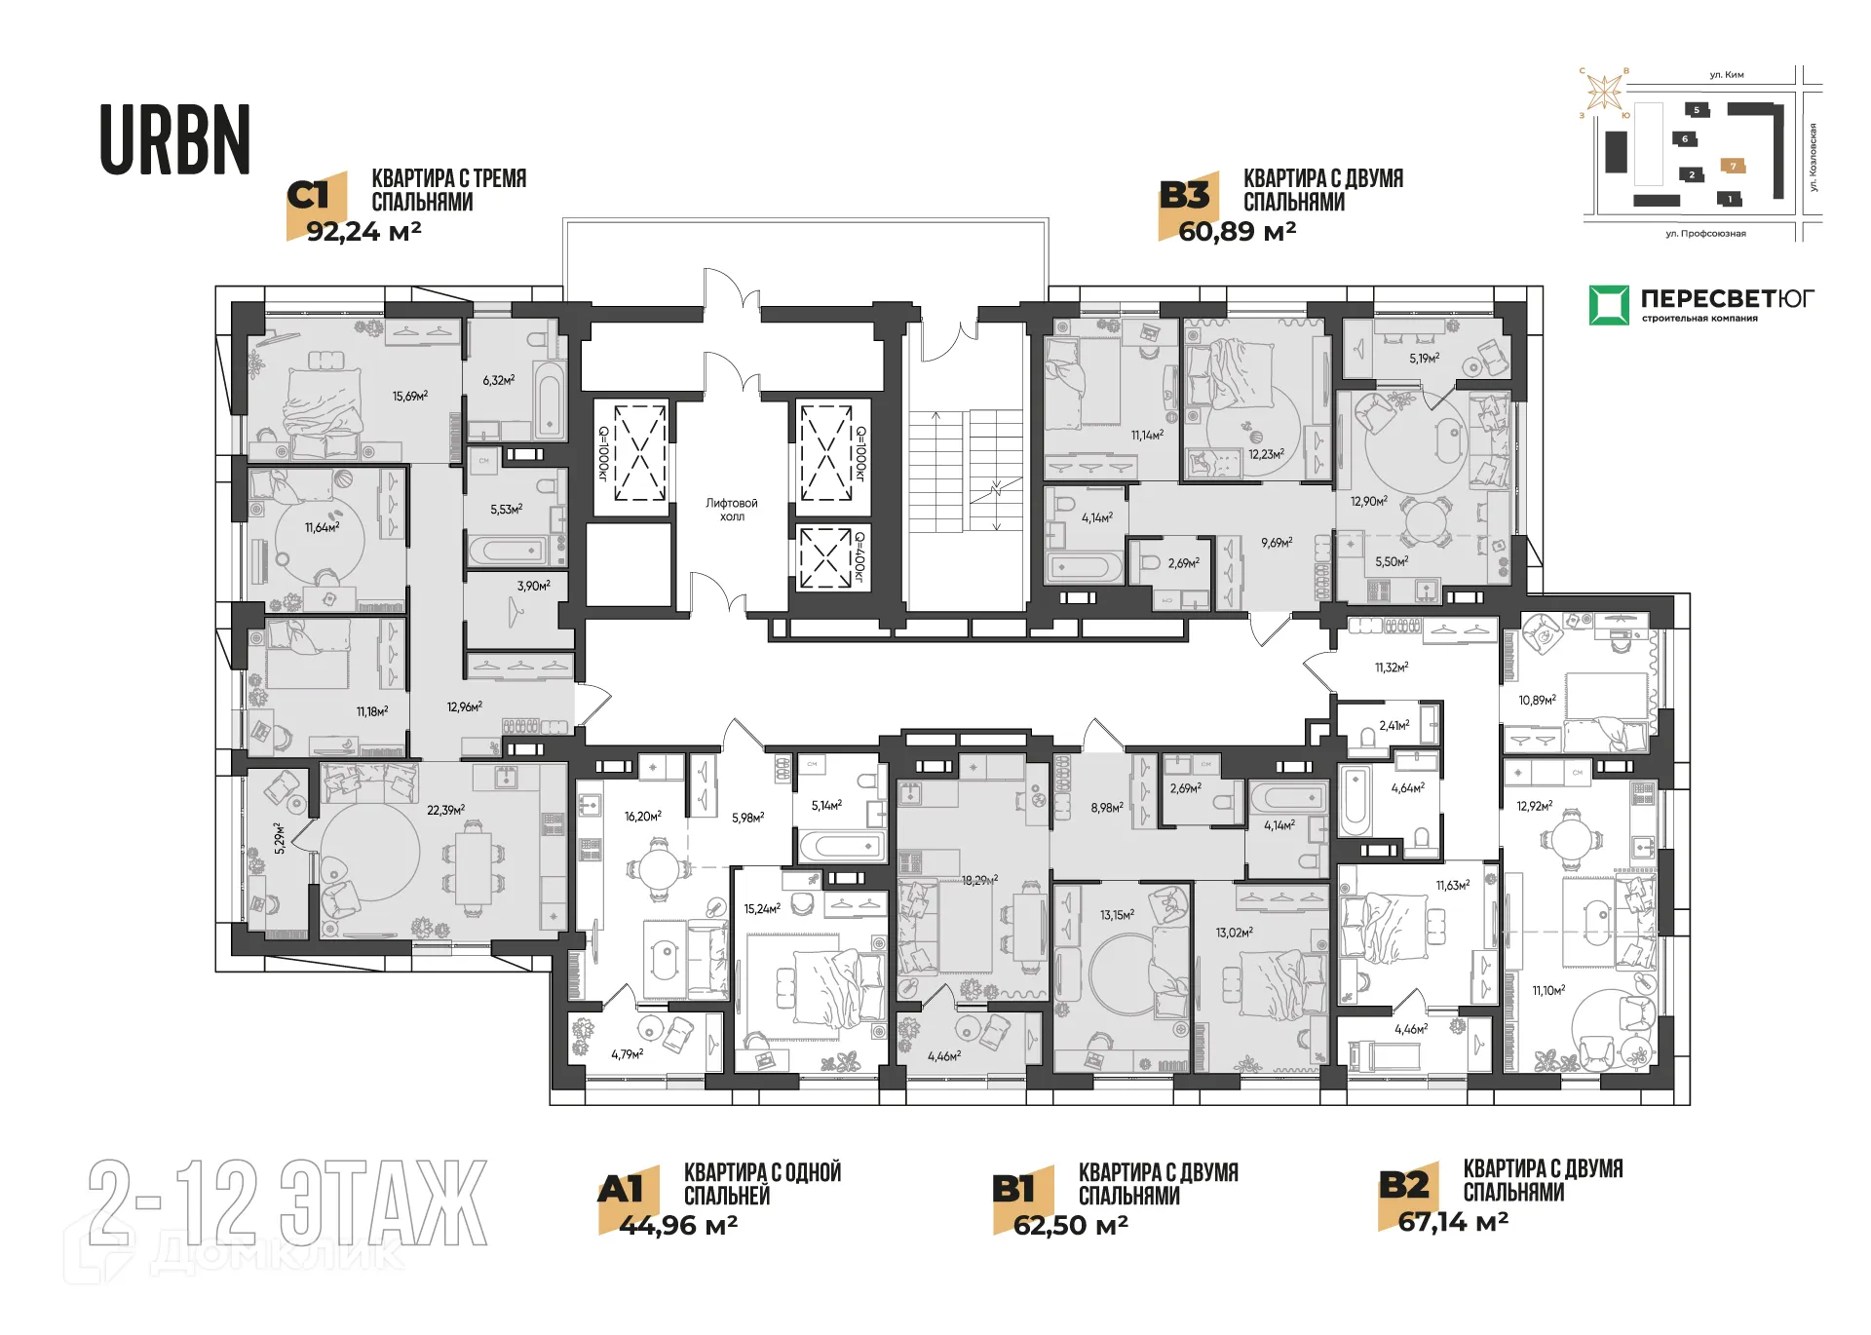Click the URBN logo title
coord(175,141)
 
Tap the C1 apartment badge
coord(314,196)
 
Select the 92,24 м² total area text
coord(363,232)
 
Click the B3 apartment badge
coord(1184,196)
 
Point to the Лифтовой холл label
coord(732,510)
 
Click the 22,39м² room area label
coord(445,810)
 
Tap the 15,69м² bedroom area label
coord(410,397)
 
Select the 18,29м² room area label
coord(979,880)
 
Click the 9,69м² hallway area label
coord(1276,543)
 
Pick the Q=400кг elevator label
coord(859,556)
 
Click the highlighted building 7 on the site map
coord(1733,167)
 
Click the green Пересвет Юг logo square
coord(1609,305)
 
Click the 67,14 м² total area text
coord(1453,1222)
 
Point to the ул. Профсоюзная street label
coord(1705,234)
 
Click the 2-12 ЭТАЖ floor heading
coord(287,1203)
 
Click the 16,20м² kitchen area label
coord(643,817)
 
